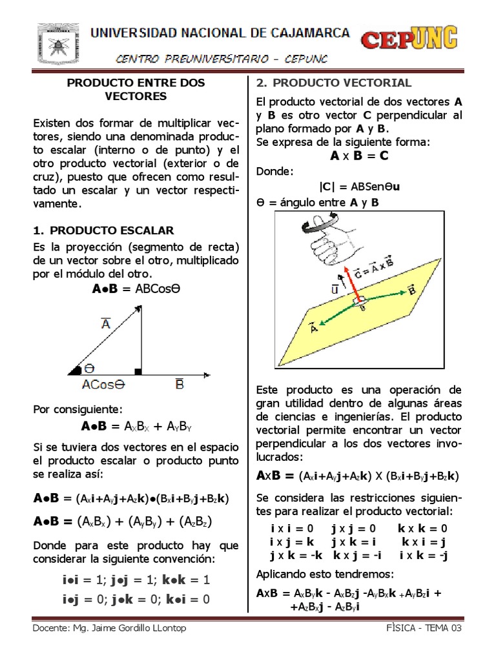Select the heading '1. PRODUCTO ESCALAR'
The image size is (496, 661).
coord(103,230)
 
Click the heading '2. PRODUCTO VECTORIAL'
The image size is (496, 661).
coord(334,83)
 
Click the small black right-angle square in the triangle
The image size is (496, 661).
coord(138,371)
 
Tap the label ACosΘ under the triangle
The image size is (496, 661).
coord(103,385)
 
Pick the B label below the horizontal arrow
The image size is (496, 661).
coord(180,385)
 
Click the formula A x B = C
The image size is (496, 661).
coord(359,156)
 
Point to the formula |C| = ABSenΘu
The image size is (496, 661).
coord(359,187)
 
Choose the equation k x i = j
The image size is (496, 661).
coord(424,542)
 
